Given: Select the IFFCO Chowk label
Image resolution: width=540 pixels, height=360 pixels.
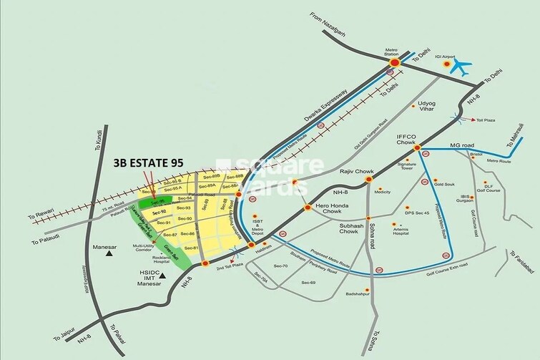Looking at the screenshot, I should pos(411,137).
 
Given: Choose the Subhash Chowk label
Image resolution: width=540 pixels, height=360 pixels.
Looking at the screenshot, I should pos(338,235).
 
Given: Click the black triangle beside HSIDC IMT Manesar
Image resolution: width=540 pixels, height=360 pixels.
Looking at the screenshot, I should pos(163,274).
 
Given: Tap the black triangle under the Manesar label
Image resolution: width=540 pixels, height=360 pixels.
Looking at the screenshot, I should pos(109,253).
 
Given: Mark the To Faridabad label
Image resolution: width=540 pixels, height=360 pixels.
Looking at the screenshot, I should pos(522,261).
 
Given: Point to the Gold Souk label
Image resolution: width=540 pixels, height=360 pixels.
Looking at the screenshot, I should pos(444,183).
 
